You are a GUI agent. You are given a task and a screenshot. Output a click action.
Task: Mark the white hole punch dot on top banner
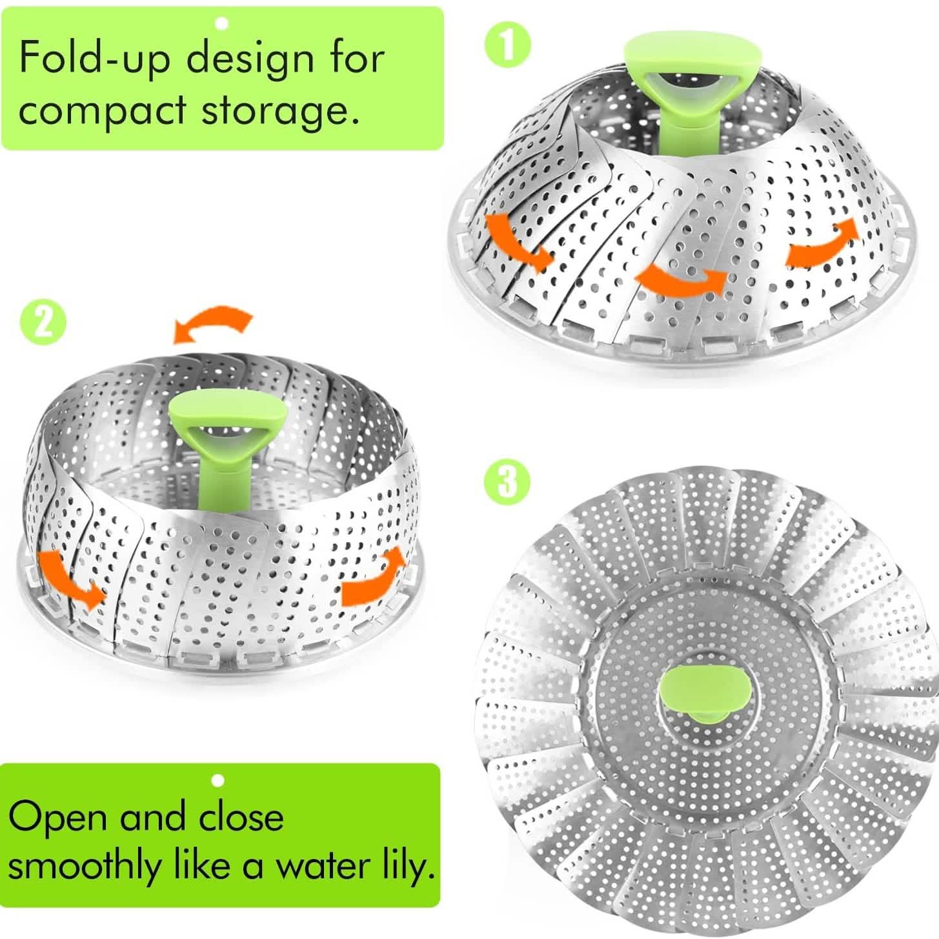click(x=222, y=24)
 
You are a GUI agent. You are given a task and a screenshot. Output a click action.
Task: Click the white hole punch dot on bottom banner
click(x=218, y=781)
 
